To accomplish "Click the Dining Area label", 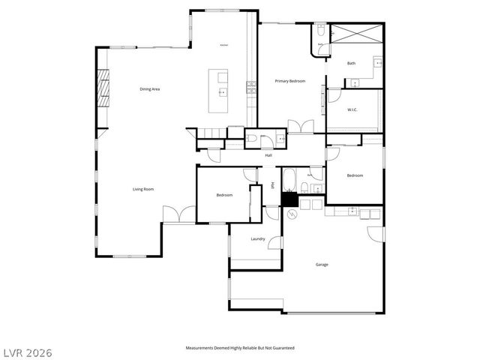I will point(150,89).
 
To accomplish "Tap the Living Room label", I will point(143,189).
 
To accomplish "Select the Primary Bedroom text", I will point(290,81).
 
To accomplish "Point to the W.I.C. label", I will point(352,110).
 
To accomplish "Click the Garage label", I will point(322,264).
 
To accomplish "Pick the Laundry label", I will point(258,239).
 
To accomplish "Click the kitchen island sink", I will point(223,91).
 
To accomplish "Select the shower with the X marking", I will point(357,35).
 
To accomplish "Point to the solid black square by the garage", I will point(289,199).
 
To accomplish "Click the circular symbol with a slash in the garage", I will point(293,214).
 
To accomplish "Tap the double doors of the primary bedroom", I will point(300,127).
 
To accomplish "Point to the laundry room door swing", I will point(275,242).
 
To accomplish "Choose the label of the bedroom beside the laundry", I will point(224,195).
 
